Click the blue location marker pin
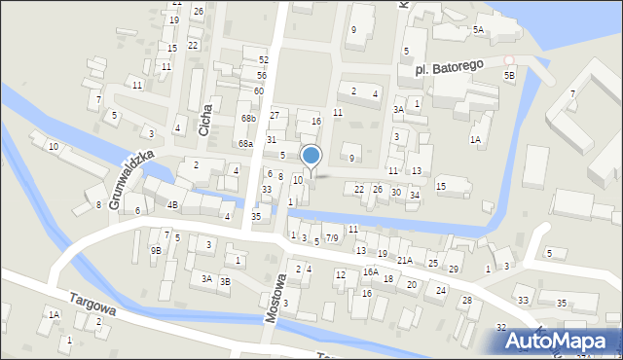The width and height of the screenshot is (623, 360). tap(311, 156)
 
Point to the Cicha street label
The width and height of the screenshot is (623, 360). tap(204, 105)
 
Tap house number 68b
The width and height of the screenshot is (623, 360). tap(248, 119)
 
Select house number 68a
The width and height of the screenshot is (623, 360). tap(245, 143)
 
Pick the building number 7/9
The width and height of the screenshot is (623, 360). tap(332, 237)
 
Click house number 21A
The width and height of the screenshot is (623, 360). tap(405, 261)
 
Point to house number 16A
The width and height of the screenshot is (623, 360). tap(370, 271)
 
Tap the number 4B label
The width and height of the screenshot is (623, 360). tap(172, 204)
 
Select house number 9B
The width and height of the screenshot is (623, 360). tap(156, 250)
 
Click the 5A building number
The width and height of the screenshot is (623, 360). tap(478, 30)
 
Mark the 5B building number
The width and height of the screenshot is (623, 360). tap(509, 74)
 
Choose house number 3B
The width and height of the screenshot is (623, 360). tap(225, 281)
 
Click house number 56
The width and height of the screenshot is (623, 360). tap(262, 75)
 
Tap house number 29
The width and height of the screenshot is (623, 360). tap(454, 269)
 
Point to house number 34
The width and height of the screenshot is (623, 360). tap(415, 196)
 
